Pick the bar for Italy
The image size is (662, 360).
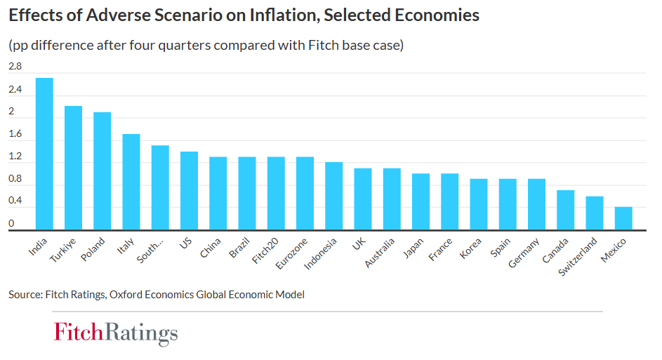(x=131, y=182)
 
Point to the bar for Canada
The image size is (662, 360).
(x=566, y=210)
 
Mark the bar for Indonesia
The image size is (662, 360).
(x=334, y=196)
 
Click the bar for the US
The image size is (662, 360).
(x=189, y=190)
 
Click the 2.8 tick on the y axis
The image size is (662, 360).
(x=15, y=67)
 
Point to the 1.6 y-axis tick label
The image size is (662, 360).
(x=15, y=134)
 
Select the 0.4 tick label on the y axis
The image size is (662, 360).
(x=15, y=201)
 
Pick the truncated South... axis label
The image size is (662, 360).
(x=150, y=251)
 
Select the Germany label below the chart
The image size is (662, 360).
(x=524, y=253)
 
